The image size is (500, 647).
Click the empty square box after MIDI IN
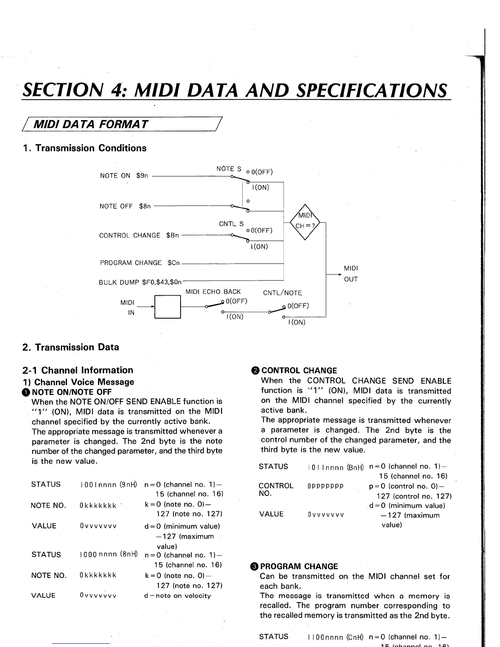(x=167, y=306)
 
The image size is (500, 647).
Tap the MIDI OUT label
(x=350, y=274)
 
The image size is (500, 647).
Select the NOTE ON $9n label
(x=124, y=176)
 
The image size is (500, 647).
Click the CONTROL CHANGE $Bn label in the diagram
(x=139, y=236)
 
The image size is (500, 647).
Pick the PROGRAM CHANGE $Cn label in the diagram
(x=140, y=263)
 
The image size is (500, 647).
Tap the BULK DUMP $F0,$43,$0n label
(x=140, y=282)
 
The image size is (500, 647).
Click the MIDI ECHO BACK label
(x=213, y=292)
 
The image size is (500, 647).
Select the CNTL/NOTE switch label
(x=282, y=293)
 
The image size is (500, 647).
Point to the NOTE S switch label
(x=229, y=169)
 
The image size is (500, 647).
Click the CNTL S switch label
(x=231, y=224)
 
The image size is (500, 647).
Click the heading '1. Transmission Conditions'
(x=85, y=148)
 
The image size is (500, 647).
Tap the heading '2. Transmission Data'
(x=71, y=347)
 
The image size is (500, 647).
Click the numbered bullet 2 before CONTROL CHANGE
(x=255, y=370)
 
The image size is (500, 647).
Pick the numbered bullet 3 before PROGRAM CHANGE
(x=254, y=567)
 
